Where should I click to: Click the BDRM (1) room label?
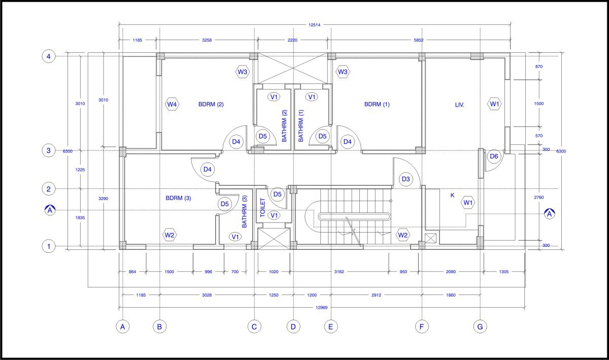(x=377, y=104)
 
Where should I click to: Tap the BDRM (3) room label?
(x=178, y=198)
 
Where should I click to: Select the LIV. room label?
(x=459, y=105)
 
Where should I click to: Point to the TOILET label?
(x=262, y=208)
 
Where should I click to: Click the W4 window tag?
(x=172, y=104)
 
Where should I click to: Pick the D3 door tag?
(x=405, y=179)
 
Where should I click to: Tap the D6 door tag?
(x=494, y=156)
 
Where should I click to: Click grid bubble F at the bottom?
(x=422, y=326)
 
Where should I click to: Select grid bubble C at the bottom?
(x=254, y=326)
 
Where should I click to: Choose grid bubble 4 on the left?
(x=48, y=56)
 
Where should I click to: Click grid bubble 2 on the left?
(x=48, y=189)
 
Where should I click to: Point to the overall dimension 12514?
(x=314, y=25)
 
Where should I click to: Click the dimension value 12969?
(x=321, y=308)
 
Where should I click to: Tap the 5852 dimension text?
(x=419, y=40)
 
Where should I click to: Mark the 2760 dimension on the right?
(x=538, y=198)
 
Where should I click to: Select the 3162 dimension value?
(x=339, y=272)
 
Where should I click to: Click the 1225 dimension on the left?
(x=80, y=170)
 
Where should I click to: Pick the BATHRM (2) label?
(x=284, y=126)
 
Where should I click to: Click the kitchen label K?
(x=452, y=195)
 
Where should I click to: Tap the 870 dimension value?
(x=538, y=67)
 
